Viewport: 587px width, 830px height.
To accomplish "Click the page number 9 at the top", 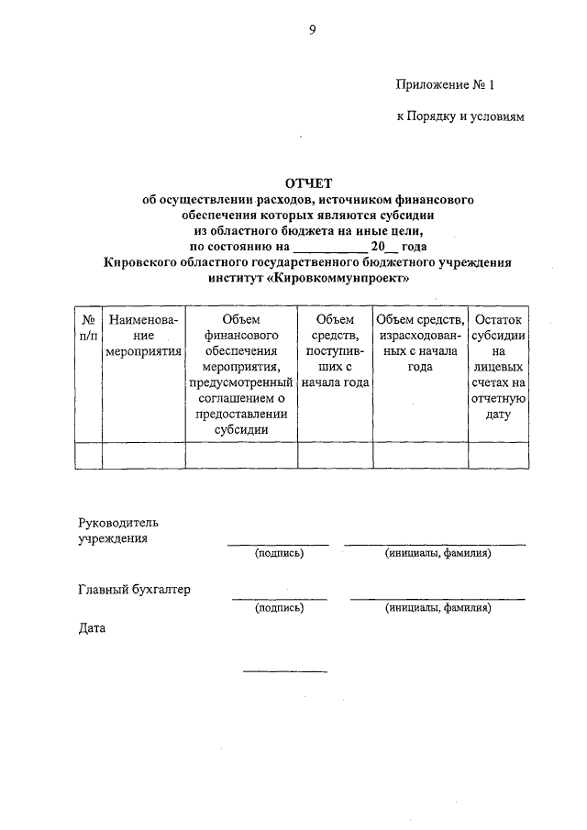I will pyautogui.click(x=312, y=31).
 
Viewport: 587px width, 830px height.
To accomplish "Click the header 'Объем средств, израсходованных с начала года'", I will pyautogui.click(x=420, y=343).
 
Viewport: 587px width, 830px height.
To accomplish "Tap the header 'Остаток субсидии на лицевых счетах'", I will pyautogui.click(x=498, y=367).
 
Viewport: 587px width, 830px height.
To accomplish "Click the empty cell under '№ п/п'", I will pyautogui.click(x=88, y=456).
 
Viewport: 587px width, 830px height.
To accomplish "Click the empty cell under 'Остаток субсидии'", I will pyautogui.click(x=498, y=456).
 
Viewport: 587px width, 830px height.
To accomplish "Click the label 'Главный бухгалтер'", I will pyautogui.click(x=134, y=590).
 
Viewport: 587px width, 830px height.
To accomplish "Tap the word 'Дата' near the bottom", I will pyautogui.click(x=93, y=629).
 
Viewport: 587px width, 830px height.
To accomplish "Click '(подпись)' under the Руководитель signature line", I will pyautogui.click(x=279, y=554).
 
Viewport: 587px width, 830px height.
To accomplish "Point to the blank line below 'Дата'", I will pyautogui.click(x=284, y=670).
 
